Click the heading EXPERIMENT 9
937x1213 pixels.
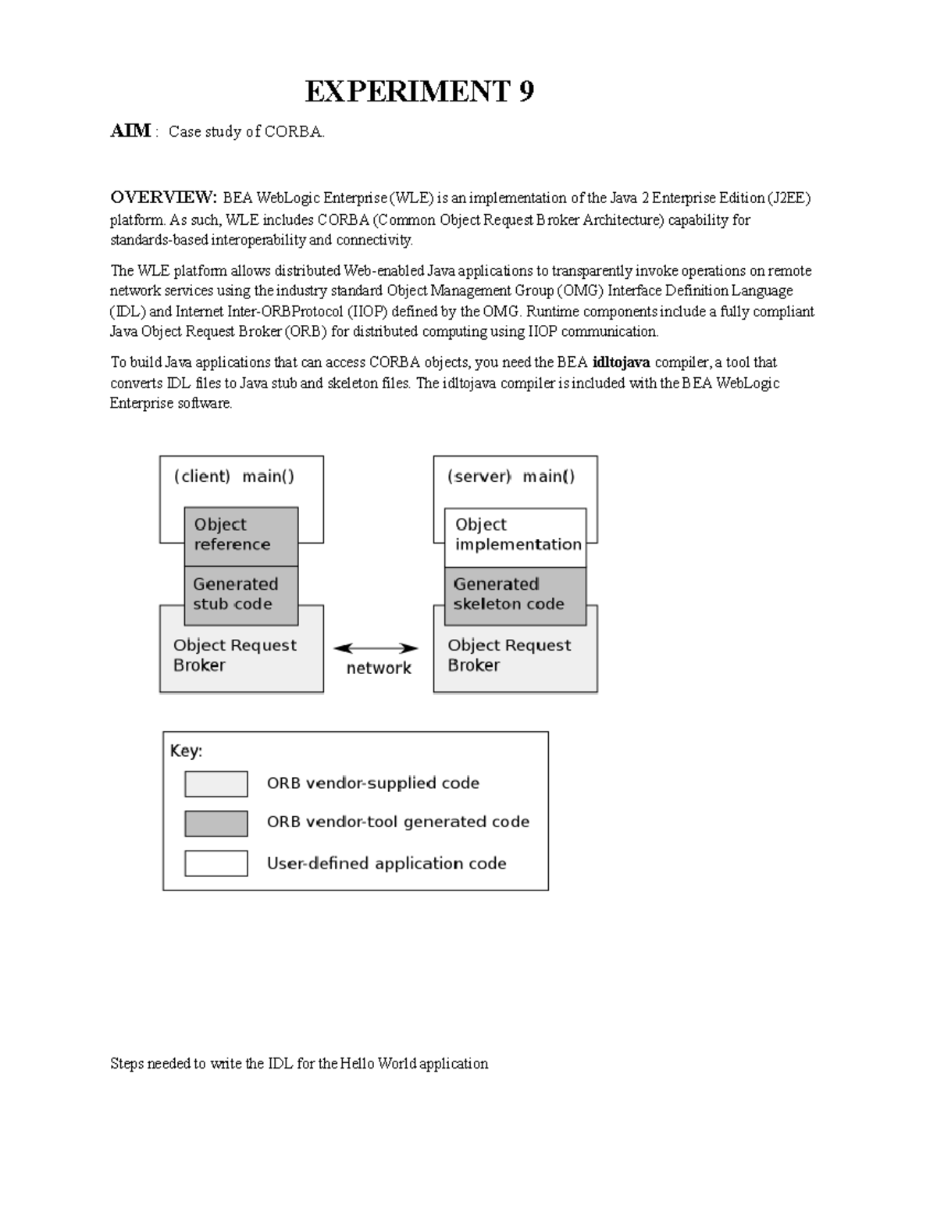point(419,92)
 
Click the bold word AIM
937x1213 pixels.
point(130,131)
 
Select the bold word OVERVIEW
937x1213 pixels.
point(162,197)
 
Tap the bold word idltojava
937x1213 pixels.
point(621,362)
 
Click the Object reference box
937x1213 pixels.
point(240,535)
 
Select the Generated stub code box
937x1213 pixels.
point(240,594)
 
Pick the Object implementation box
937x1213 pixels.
point(515,535)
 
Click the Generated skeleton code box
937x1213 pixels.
point(515,594)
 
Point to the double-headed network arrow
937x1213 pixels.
point(376,648)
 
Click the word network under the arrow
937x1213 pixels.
point(379,669)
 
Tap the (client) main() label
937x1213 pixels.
point(234,476)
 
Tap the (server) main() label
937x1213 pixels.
point(511,476)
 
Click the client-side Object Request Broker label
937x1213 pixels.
point(234,655)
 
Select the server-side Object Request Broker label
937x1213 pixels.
point(509,655)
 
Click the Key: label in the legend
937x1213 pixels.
point(187,751)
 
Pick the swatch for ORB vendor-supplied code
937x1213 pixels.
point(216,783)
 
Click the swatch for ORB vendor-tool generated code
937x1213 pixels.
point(216,823)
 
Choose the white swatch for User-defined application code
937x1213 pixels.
point(216,863)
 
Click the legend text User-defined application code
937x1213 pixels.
point(387,864)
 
